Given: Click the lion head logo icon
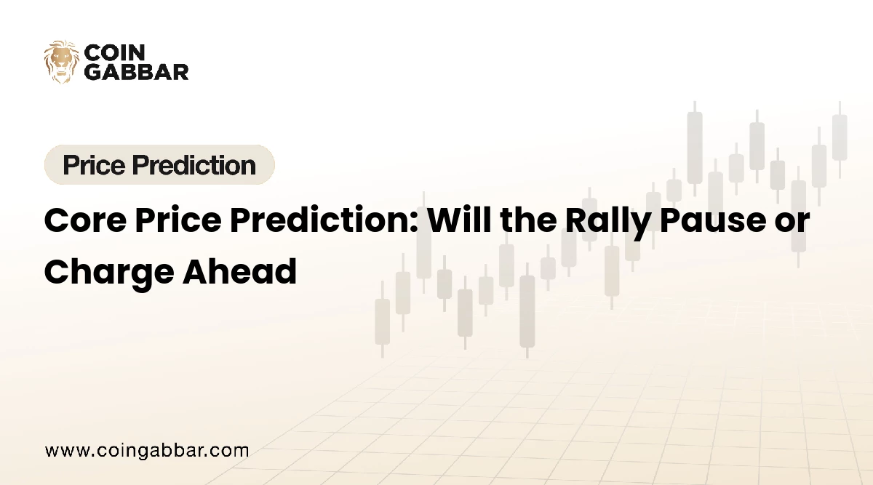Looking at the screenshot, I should pyautogui.click(x=61, y=62).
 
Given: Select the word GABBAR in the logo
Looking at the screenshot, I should pyautogui.click(x=137, y=71).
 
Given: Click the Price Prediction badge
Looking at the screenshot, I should pyautogui.click(x=159, y=165).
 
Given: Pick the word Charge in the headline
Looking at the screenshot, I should pyautogui.click(x=103, y=270).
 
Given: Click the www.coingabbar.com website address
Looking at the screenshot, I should pyautogui.click(x=146, y=451).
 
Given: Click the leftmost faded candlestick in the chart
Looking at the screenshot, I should pyautogui.click(x=382, y=321).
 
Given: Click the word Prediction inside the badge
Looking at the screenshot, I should pyautogui.click(x=196, y=165).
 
